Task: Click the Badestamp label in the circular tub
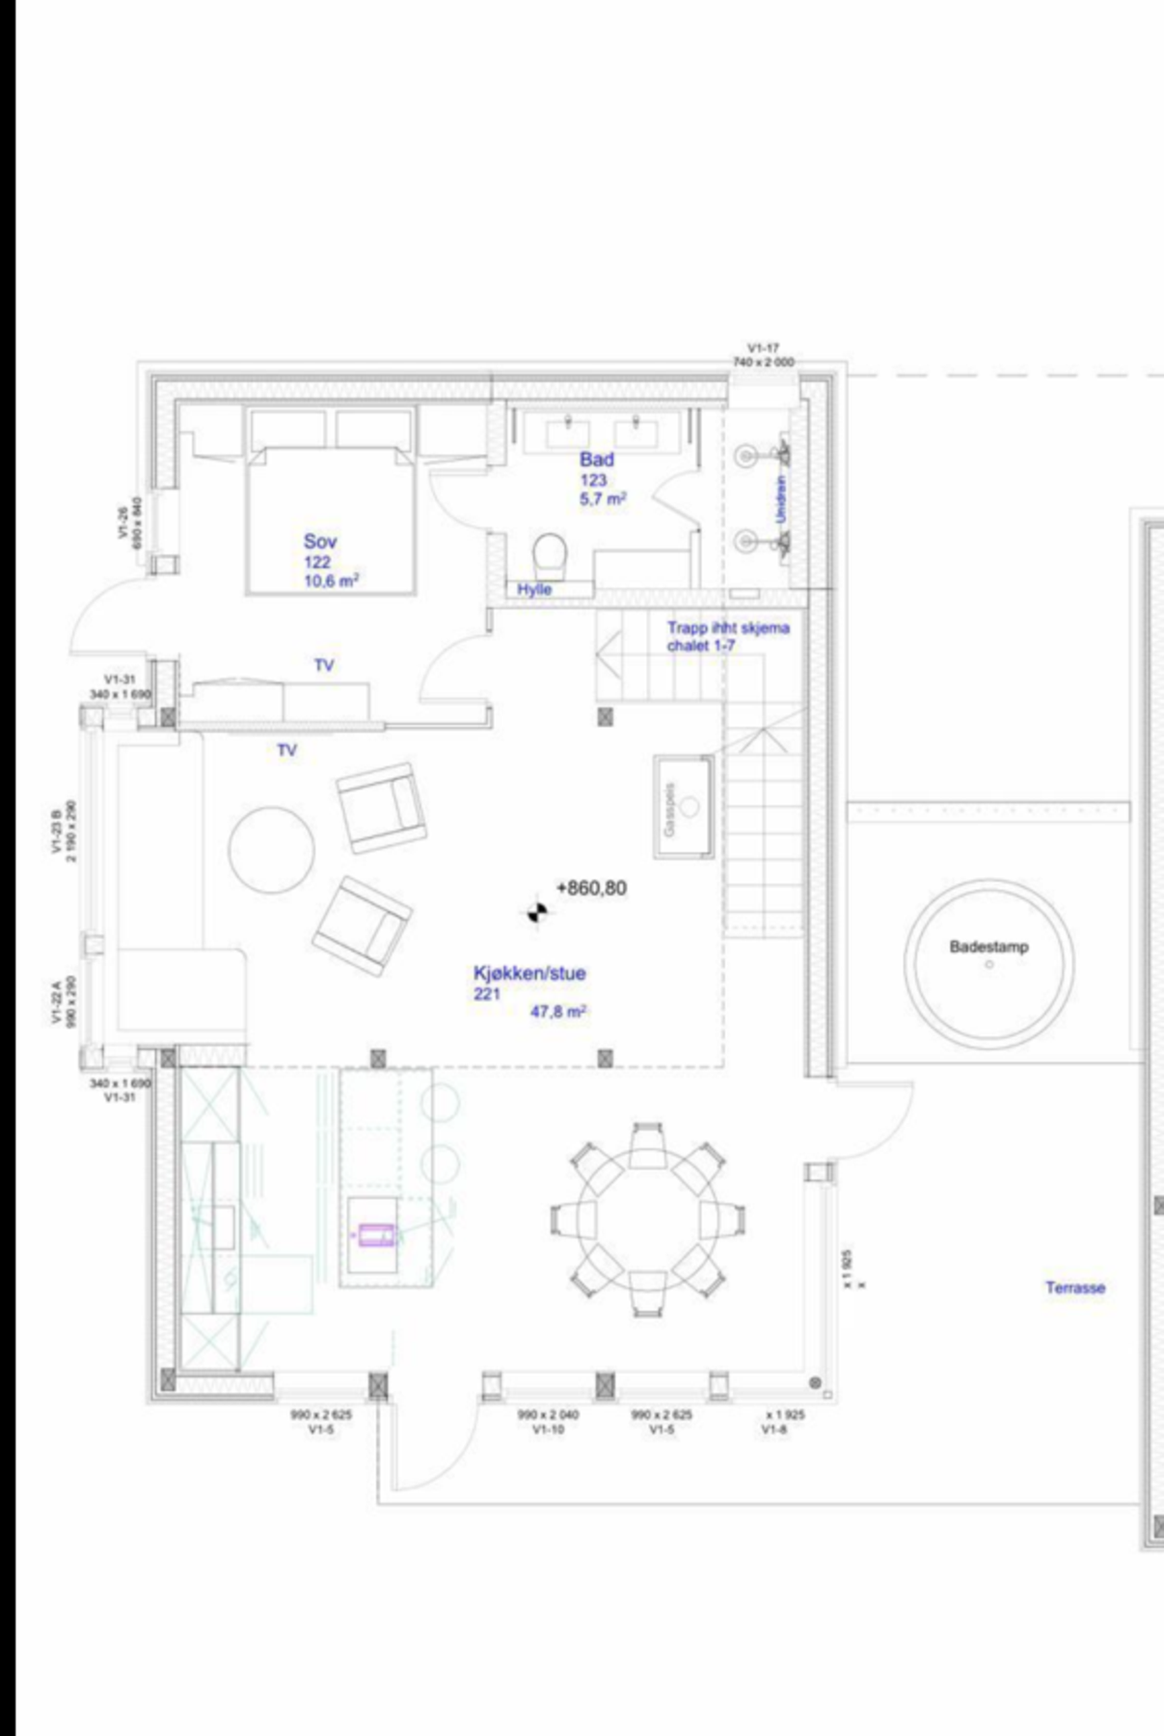click(988, 947)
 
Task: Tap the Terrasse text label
click(1075, 1288)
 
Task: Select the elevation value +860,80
click(591, 887)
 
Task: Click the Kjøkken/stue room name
click(529, 973)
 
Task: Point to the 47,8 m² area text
click(559, 1013)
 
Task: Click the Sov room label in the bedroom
click(320, 541)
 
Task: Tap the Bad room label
click(596, 459)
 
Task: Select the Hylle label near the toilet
click(534, 589)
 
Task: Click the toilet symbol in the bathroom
click(551, 555)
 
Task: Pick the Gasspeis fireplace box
click(683, 806)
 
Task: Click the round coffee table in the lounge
click(271, 850)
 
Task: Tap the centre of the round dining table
click(647, 1219)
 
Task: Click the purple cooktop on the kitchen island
click(376, 1234)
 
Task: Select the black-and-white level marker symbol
click(537, 910)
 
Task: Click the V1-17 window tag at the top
click(763, 348)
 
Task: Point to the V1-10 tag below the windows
click(548, 1429)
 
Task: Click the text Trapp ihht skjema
click(728, 628)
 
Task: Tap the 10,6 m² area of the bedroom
click(331, 582)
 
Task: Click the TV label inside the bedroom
click(324, 665)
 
